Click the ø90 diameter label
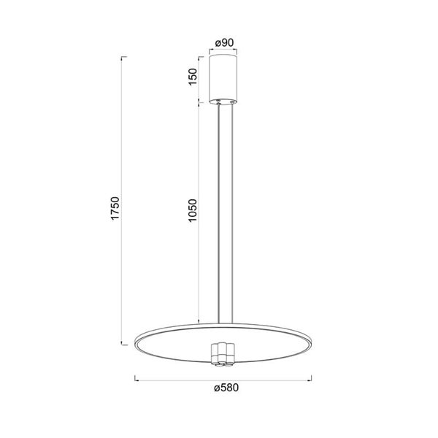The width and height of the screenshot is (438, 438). coord(223,42)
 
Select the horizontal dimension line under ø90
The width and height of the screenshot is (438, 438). coord(223,50)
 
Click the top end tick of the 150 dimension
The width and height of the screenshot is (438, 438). coord(198,55)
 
